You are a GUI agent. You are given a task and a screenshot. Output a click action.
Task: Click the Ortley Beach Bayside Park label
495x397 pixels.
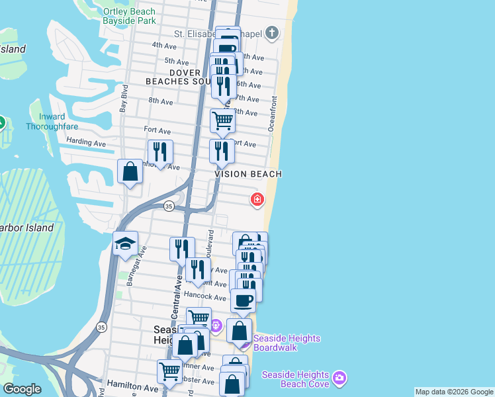[129, 16]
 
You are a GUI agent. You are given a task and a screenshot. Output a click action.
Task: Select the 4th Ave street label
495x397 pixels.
[163, 46]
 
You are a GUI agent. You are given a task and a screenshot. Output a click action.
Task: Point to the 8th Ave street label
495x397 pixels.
[160, 101]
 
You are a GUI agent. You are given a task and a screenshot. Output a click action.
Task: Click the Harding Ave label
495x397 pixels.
[86, 142]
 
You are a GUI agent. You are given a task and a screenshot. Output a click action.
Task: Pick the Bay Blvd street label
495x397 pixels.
[123, 97]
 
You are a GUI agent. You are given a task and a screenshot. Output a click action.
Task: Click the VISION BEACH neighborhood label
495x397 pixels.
[249, 174]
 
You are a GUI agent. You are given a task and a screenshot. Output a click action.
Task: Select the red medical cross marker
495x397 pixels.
[256, 199]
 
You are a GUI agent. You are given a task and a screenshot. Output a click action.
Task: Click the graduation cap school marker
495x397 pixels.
[125, 244]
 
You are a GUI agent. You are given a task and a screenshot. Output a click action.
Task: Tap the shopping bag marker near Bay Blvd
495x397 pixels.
[130, 171]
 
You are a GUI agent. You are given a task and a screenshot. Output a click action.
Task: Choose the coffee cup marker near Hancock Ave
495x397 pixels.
[242, 300]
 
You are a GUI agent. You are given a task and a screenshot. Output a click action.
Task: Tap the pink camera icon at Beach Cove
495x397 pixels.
[339, 377]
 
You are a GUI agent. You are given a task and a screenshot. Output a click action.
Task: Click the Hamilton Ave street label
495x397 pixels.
[134, 386]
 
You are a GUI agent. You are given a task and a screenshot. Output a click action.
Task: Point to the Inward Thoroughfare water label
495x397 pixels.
[46, 122]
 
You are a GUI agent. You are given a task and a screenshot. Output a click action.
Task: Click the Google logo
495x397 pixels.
[22, 389]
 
